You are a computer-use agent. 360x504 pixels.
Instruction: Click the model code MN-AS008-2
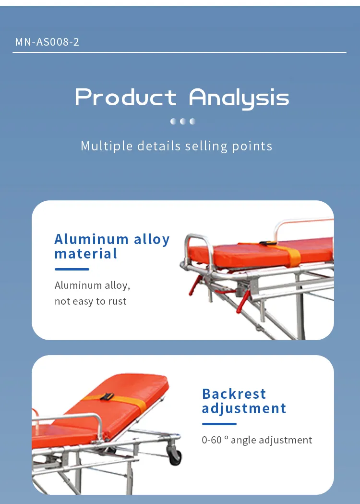47,42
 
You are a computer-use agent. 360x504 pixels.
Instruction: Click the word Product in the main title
126,97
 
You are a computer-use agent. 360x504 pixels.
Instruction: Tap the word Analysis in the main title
239,98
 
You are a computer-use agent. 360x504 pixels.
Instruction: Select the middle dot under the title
183,121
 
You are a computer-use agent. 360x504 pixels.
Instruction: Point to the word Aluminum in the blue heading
92,239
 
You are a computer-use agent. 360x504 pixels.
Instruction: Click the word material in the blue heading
86,254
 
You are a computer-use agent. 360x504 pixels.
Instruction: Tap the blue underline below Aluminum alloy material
72,270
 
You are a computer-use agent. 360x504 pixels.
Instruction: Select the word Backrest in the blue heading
234,394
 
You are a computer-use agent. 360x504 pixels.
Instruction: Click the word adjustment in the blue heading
244,409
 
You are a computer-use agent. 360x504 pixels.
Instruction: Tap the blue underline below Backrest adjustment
219,424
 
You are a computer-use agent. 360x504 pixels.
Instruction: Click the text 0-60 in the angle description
212,440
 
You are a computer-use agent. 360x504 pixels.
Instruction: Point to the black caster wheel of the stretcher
175,455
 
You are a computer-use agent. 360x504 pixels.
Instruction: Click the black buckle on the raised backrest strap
107,396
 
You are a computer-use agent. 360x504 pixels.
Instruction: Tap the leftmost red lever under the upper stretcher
195,285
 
